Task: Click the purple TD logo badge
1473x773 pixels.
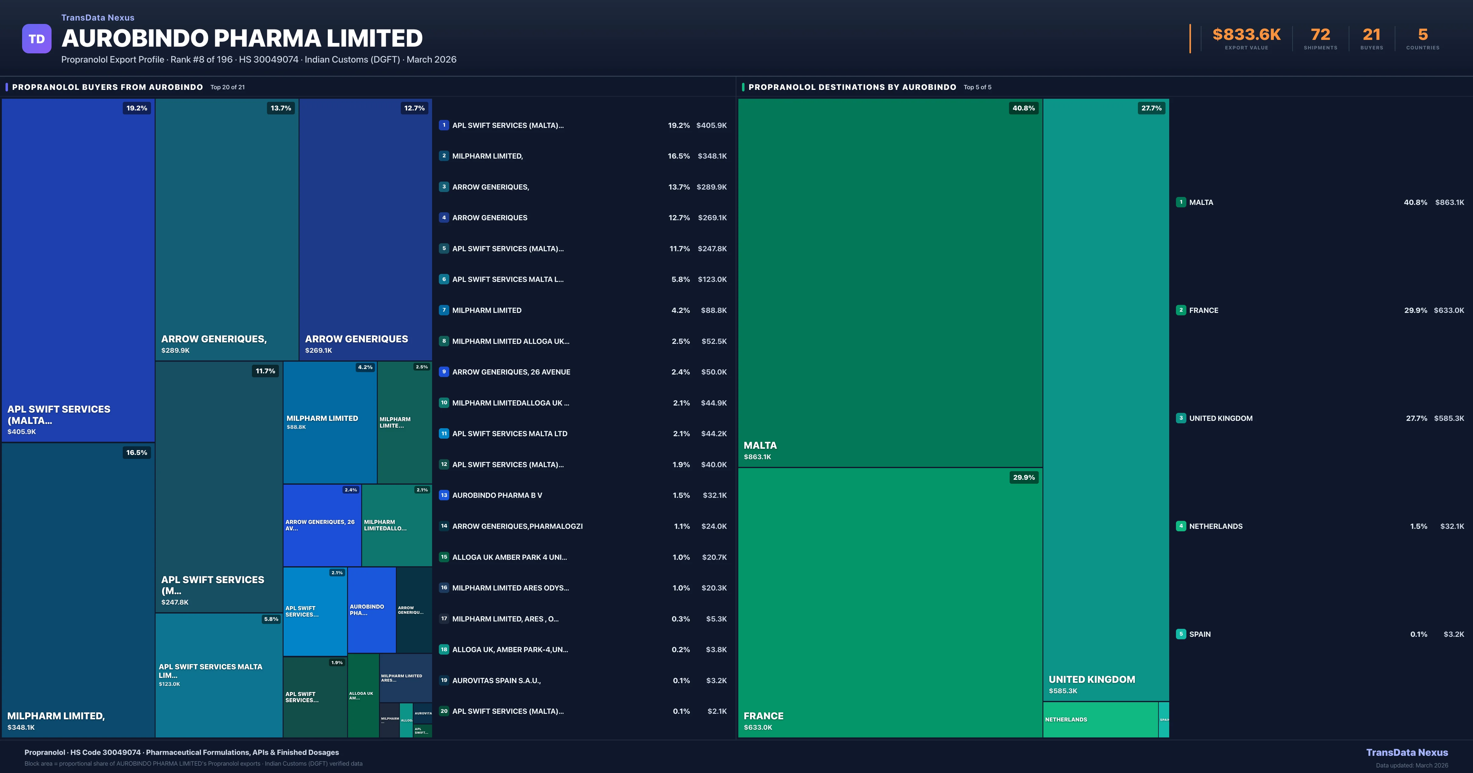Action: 37,39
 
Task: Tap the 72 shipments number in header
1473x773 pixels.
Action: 1320,35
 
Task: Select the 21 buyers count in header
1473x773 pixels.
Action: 1371,35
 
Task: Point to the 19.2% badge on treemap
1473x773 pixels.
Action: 137,108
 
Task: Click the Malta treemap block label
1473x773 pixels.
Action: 760,445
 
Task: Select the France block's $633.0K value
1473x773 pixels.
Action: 758,727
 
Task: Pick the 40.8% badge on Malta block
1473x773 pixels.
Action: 1023,108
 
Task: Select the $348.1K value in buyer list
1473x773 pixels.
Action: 712,156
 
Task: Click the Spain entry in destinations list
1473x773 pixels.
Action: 1200,634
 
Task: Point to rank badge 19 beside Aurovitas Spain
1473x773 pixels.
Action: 444,680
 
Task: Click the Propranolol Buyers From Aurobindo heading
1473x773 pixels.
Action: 107,87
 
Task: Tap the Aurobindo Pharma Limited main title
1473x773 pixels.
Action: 242,38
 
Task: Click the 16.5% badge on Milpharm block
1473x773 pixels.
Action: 137,452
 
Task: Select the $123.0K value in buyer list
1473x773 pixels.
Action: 712,279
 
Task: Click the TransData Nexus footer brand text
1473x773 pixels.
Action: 1407,752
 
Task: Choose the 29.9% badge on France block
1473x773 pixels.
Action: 1023,477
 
